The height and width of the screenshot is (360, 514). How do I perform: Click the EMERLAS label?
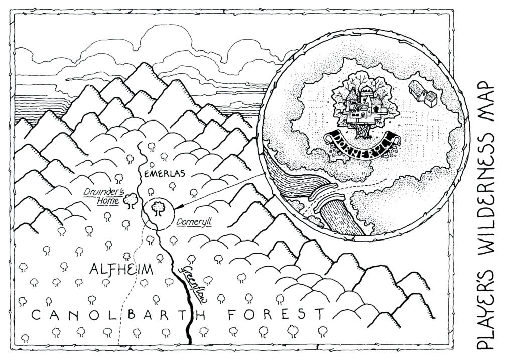165,174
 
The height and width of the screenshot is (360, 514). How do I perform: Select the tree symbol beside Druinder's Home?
131,200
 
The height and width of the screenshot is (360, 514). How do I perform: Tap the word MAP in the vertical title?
486,105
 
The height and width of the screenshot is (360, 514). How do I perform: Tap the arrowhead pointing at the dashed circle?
178,206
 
